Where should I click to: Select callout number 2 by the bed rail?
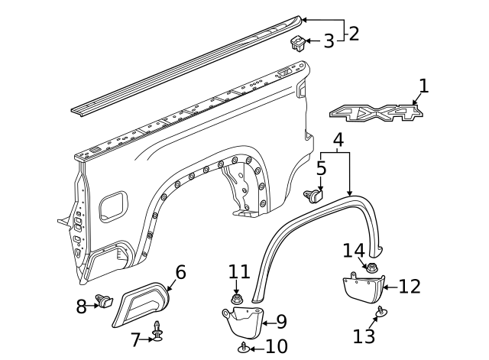pos(353,33)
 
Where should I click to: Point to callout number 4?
pos(338,140)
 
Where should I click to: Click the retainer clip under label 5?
pos(314,196)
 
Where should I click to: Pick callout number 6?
pos(180,272)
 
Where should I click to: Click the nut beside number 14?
pos(374,268)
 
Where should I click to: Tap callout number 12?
pos(410,287)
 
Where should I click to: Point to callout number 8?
pos(82,306)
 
